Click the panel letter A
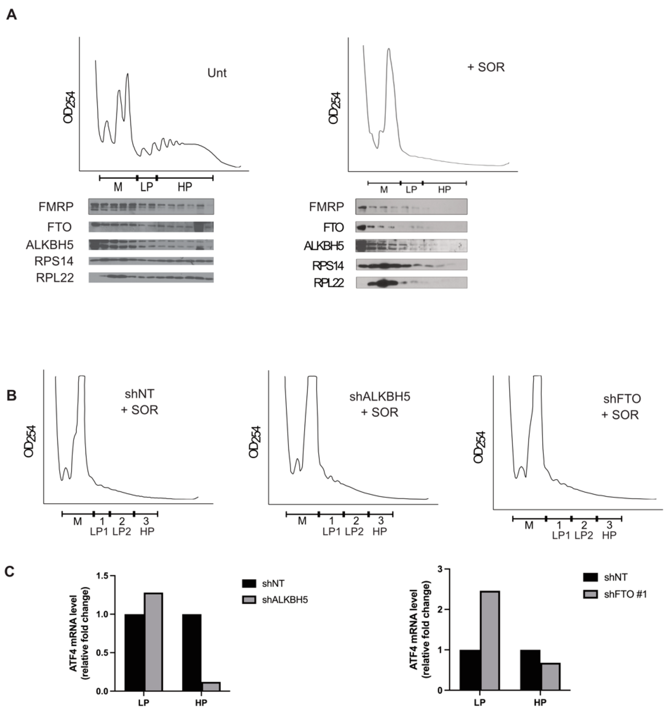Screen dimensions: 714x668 (x=12, y=15)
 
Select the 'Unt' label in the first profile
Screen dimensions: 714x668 (x=217, y=73)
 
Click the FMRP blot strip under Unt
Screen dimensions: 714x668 (x=151, y=206)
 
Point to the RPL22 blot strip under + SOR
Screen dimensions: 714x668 (x=411, y=283)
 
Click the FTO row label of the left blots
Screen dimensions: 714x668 (x=59, y=227)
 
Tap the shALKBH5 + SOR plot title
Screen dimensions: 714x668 (x=380, y=404)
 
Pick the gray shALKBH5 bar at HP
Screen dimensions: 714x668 (x=211, y=686)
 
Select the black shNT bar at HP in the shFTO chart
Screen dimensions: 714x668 (x=530, y=670)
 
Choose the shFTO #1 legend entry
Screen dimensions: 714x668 (x=625, y=594)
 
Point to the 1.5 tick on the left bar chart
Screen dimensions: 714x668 (x=103, y=576)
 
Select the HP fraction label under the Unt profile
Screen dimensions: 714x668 (x=185, y=187)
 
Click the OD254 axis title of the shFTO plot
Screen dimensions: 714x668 (x=480, y=447)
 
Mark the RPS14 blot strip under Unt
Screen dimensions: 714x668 (x=151, y=261)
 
